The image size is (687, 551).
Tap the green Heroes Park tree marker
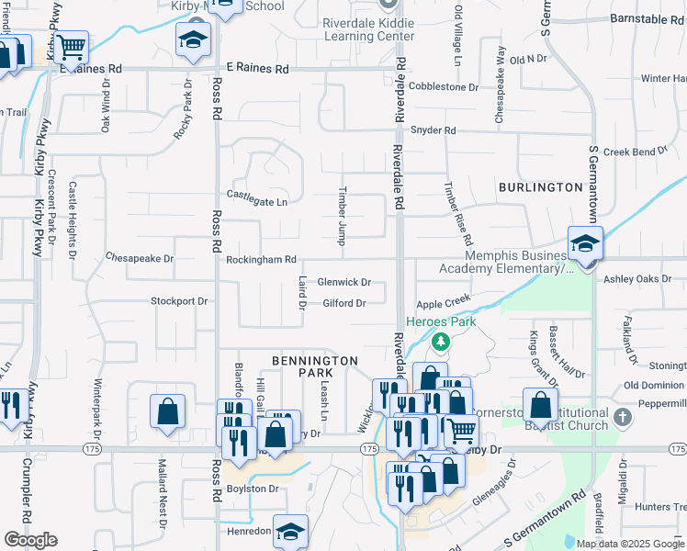coord(441,343)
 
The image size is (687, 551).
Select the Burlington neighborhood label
coord(540,187)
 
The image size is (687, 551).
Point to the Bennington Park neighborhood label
coord(314,366)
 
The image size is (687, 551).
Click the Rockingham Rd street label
coord(262,260)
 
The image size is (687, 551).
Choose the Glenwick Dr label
coord(344,283)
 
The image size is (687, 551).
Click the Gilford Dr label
coord(344,303)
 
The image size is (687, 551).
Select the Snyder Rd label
coord(433,130)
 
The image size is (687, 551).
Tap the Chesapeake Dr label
coord(140,258)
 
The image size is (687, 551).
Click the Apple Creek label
coord(443,301)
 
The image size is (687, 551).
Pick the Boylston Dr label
coord(253,489)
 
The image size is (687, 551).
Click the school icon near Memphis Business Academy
coord(584,243)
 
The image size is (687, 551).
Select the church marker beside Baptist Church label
coord(622,417)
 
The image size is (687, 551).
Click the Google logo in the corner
coord(29,540)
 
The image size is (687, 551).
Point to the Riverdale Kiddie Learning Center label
coord(368,28)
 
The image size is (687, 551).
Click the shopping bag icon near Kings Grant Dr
coord(541,403)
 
